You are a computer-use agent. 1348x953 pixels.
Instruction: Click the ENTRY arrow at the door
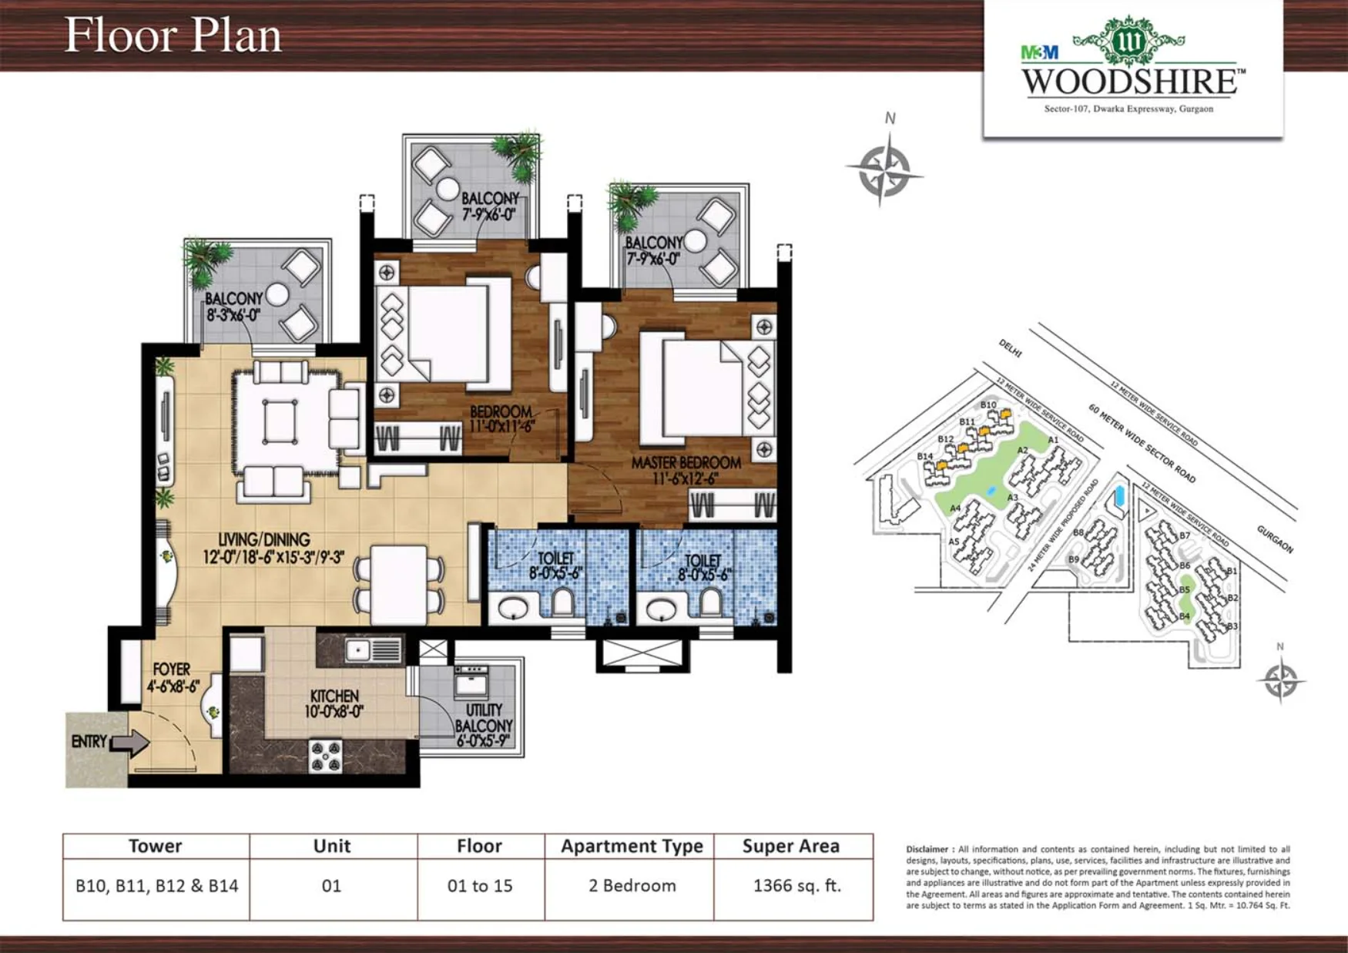(x=131, y=743)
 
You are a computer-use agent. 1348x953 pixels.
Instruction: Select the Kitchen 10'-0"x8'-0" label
(x=334, y=703)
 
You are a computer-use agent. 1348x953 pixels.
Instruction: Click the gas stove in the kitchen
(x=325, y=756)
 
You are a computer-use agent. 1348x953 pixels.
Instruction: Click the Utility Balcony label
(x=484, y=725)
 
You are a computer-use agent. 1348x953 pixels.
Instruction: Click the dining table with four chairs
(x=398, y=584)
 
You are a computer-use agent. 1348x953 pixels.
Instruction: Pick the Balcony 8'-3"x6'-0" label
(x=233, y=306)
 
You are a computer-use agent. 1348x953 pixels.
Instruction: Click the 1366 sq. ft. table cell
(x=796, y=886)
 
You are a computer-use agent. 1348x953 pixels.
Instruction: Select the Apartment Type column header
(x=632, y=846)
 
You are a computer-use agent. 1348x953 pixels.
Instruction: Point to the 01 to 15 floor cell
(x=479, y=886)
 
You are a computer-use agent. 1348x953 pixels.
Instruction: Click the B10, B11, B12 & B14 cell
(x=156, y=886)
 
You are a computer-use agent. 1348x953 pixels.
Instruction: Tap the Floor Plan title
(x=173, y=35)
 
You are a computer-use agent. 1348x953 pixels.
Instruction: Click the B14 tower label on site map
(x=924, y=456)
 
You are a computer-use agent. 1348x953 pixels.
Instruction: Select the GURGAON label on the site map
(x=1275, y=539)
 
